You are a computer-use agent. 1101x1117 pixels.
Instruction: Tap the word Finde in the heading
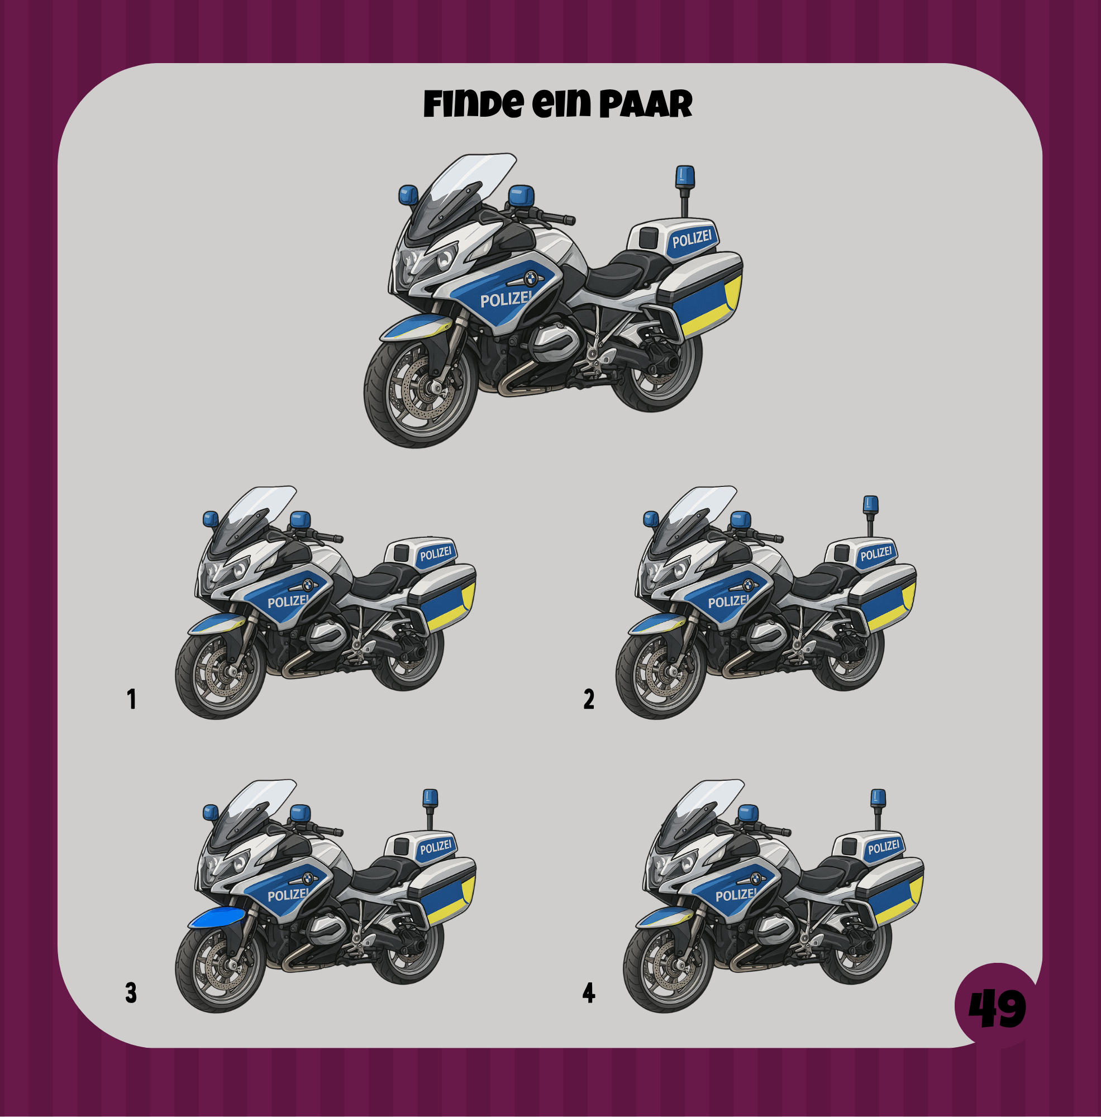474,104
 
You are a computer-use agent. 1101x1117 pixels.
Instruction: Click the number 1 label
132,699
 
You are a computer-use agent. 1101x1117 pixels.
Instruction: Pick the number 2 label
589,699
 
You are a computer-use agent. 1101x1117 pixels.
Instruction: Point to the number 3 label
131,992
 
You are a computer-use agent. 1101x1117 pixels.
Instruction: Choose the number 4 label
589,992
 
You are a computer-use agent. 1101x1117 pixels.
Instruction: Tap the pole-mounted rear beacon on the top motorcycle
685,191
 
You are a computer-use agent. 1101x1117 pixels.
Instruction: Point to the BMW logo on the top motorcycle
531,279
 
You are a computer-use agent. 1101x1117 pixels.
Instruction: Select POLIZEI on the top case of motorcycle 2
876,554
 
